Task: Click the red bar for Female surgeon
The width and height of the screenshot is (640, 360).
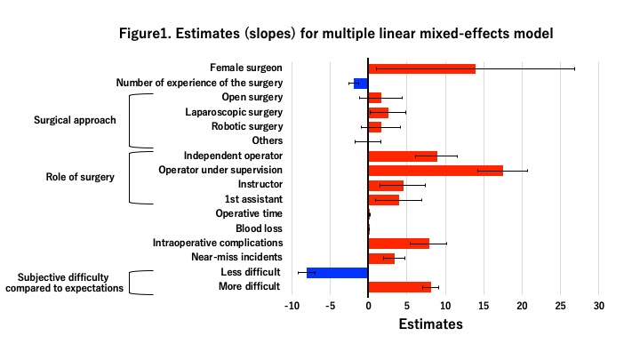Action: [421, 68]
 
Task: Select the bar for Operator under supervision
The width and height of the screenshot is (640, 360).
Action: [436, 170]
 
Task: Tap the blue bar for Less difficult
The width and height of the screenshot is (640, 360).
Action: [338, 272]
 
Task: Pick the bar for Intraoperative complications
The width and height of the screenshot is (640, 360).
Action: [398, 243]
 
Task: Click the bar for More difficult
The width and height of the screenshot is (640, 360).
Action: [399, 286]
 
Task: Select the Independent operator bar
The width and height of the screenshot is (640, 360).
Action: [403, 156]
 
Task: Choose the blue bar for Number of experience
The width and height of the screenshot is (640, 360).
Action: [361, 84]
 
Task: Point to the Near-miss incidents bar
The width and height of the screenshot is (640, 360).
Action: [381, 258]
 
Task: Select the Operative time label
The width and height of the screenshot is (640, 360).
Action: [249, 213]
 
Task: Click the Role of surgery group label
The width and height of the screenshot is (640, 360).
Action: [80, 177]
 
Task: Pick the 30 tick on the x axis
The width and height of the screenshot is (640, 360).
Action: [599, 306]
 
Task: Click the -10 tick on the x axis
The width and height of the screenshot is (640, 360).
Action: [292, 306]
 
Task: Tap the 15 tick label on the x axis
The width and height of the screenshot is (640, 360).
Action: [484, 306]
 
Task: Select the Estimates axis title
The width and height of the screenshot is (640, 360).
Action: [430, 324]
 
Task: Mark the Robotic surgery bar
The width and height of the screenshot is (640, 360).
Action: [374, 126]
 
